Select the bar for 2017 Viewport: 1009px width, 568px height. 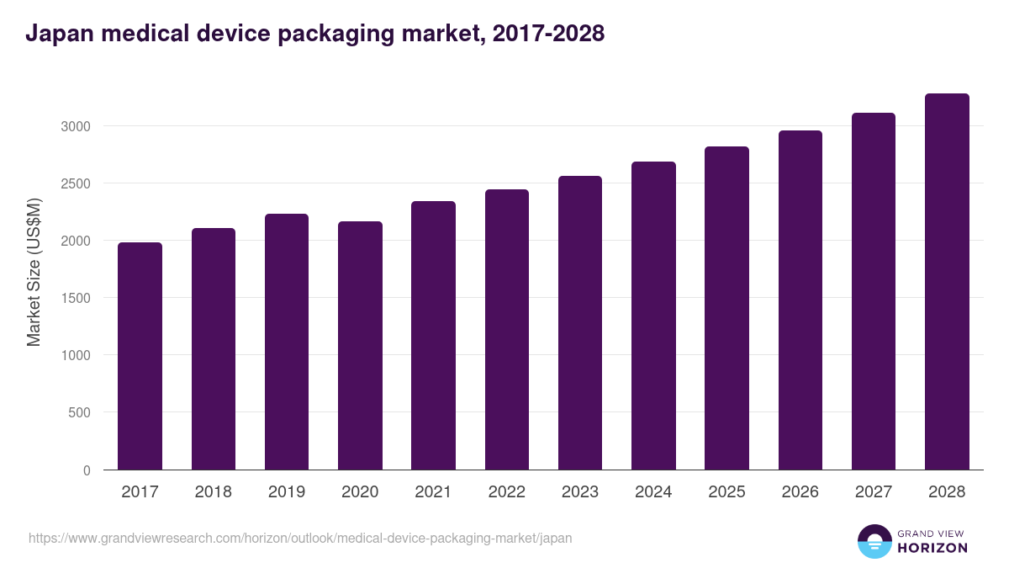pyautogui.click(x=140, y=356)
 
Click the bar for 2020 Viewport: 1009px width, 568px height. pyautogui.click(x=360, y=345)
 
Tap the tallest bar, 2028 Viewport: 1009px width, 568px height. pyautogui.click(x=947, y=281)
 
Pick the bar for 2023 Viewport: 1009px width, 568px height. pyautogui.click(x=580, y=322)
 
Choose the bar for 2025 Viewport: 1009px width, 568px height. pyautogui.click(x=726, y=308)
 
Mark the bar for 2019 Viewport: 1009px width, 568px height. pyautogui.click(x=287, y=342)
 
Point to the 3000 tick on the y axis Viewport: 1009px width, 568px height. pyautogui.click(x=75, y=126)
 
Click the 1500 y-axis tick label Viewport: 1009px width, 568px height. pyautogui.click(x=75, y=298)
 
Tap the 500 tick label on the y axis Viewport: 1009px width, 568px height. pyautogui.click(x=79, y=412)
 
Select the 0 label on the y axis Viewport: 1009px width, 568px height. pyautogui.click(x=87, y=470)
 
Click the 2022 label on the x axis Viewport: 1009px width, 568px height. pyautogui.click(x=506, y=492)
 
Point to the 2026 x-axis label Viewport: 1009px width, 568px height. pyautogui.click(x=800, y=492)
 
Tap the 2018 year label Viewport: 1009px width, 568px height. pyautogui.click(x=213, y=492)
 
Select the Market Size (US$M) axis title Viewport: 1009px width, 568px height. pyautogui.click(x=34, y=272)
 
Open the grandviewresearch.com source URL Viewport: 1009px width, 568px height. pyautogui.click(x=300, y=538)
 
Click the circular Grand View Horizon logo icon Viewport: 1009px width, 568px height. pyautogui.click(x=874, y=541)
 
